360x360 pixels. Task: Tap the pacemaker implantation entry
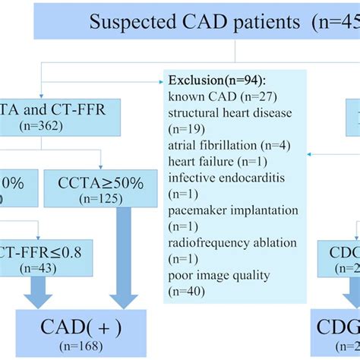coord(232,210)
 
